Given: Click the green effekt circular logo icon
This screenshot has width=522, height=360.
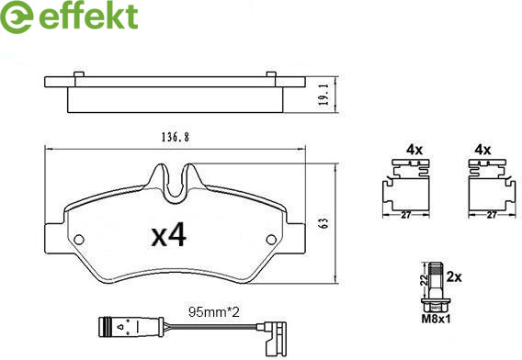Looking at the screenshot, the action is [x=17, y=17].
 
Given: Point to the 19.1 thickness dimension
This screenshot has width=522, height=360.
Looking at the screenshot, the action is [x=323, y=95].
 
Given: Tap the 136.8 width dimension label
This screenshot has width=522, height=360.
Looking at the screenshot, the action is [x=176, y=138].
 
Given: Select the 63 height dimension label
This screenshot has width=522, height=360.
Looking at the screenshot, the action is [x=323, y=223].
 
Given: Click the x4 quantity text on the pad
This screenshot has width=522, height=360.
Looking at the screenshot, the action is [x=169, y=236].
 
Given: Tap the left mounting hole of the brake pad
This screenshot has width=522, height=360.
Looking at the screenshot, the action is [x=79, y=239].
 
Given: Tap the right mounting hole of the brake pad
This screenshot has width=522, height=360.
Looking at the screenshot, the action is [x=271, y=239].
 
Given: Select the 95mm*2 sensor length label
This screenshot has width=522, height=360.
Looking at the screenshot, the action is [x=214, y=312].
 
